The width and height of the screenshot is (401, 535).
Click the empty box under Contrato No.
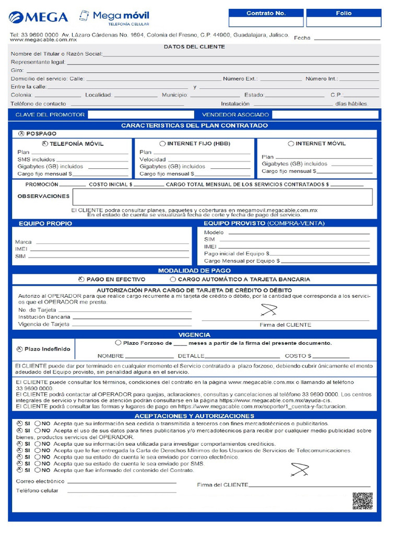266,22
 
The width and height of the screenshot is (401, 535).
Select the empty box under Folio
343,22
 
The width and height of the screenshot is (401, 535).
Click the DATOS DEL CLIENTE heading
194,46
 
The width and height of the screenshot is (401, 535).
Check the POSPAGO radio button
21,134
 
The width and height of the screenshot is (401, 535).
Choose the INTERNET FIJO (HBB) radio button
162,144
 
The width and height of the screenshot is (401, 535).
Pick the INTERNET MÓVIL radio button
291,144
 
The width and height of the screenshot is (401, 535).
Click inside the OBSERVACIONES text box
222,197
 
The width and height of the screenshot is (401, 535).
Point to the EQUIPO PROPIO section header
45,223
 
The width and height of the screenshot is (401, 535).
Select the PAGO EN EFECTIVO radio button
81,280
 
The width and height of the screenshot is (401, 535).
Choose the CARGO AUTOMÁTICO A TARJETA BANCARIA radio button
173,280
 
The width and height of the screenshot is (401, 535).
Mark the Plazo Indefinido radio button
19,349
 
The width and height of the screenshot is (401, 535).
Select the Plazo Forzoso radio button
118,343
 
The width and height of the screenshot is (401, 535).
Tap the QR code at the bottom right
362,501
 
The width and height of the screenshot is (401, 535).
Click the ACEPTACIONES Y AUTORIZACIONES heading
194,415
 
